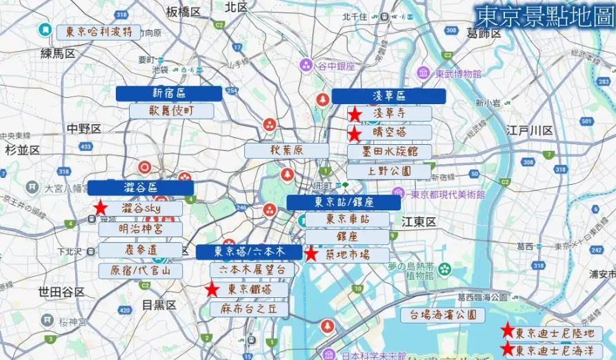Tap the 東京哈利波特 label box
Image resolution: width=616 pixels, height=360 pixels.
(x=99, y=32)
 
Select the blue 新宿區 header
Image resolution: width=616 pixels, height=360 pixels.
(x=169, y=94)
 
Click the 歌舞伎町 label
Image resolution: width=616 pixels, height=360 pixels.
(x=171, y=111)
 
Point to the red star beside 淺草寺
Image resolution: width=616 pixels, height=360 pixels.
(x=355, y=114)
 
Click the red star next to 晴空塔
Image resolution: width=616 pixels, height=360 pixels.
(x=355, y=133)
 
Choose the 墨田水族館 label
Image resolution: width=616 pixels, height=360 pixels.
(x=389, y=152)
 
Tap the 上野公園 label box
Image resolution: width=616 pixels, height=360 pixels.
(x=389, y=171)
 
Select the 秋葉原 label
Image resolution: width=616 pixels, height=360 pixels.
(x=286, y=150)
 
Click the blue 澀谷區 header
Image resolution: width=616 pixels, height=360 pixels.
(x=141, y=188)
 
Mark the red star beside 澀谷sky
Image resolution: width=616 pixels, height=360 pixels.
(x=101, y=207)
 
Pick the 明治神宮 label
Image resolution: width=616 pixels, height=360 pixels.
(x=141, y=229)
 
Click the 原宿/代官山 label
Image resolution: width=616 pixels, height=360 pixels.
(x=141, y=270)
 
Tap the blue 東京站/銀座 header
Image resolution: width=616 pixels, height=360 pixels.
(x=344, y=202)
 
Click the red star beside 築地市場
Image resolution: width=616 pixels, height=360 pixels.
(x=311, y=254)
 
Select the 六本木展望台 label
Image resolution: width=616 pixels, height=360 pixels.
(x=252, y=270)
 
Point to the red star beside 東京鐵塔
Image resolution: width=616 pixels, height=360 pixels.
(x=212, y=290)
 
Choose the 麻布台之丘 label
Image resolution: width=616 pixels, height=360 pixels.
(x=249, y=309)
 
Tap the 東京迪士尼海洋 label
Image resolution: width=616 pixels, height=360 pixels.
(x=559, y=351)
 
